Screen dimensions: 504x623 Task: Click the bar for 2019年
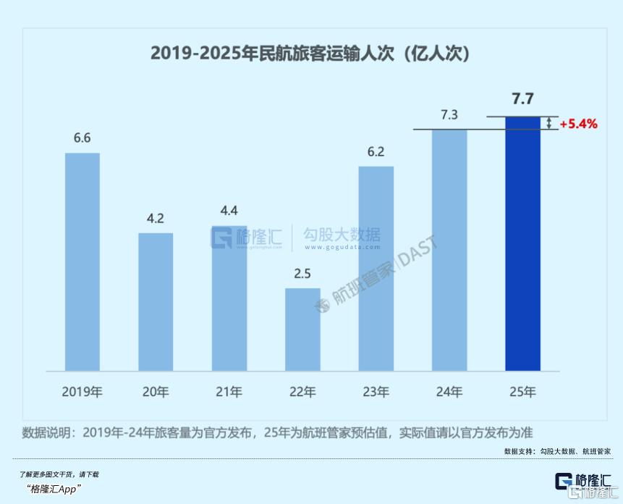tap(82, 261)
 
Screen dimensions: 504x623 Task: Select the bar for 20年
tap(156, 301)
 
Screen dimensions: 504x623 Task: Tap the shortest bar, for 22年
tap(302, 329)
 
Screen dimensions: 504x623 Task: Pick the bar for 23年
tap(376, 268)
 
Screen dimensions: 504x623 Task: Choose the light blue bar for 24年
tap(449, 250)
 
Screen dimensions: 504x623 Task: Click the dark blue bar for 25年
tap(522, 243)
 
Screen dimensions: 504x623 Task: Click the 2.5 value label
tap(302, 274)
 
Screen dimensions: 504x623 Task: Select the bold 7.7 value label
tap(522, 99)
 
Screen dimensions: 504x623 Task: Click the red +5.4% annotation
tap(578, 124)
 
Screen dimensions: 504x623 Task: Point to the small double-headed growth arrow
tap(549, 123)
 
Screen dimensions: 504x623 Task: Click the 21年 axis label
tap(229, 392)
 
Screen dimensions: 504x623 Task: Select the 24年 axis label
tap(449, 392)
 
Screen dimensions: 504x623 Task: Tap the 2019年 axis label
tap(82, 392)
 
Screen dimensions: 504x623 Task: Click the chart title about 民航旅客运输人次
tap(311, 53)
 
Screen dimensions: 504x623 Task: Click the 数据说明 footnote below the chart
tap(278, 432)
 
